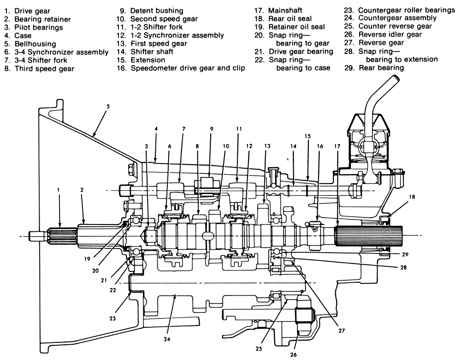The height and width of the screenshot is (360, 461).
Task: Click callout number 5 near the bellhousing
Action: (107, 106)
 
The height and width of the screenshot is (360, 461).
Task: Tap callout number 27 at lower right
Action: (342, 330)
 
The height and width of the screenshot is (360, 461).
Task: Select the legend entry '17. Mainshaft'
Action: (284, 10)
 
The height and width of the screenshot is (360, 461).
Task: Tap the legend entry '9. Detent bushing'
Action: (150, 10)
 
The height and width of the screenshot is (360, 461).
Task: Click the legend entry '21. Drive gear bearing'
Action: (294, 51)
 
